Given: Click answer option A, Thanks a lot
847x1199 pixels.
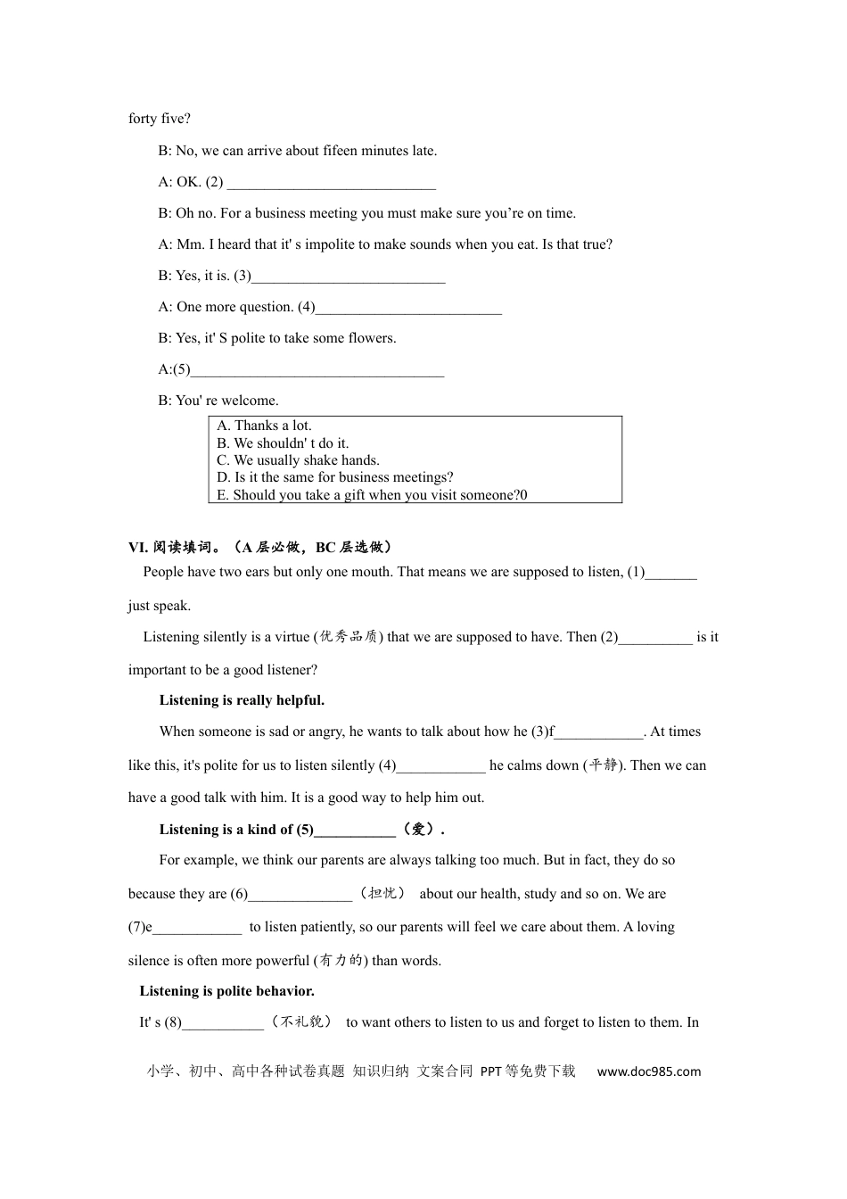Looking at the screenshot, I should (x=264, y=426).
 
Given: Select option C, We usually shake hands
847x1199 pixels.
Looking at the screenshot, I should (x=298, y=460).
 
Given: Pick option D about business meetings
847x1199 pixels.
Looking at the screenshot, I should (x=335, y=477).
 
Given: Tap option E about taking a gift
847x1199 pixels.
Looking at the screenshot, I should (x=372, y=495).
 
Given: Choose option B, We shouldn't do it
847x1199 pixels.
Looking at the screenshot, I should (x=283, y=443).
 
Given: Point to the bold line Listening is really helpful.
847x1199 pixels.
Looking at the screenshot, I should (x=242, y=700).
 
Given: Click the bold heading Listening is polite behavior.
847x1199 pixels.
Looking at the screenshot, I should (x=226, y=991).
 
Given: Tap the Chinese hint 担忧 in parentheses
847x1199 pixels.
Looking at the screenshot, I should (x=382, y=893).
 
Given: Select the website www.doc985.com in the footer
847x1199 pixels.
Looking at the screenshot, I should (x=648, y=1071).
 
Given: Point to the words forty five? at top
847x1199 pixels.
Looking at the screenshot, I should (x=160, y=119).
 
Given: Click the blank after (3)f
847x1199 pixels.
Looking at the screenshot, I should (x=598, y=733).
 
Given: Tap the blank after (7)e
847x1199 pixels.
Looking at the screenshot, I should (x=197, y=929).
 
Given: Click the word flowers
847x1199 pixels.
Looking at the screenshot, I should (x=372, y=338).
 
